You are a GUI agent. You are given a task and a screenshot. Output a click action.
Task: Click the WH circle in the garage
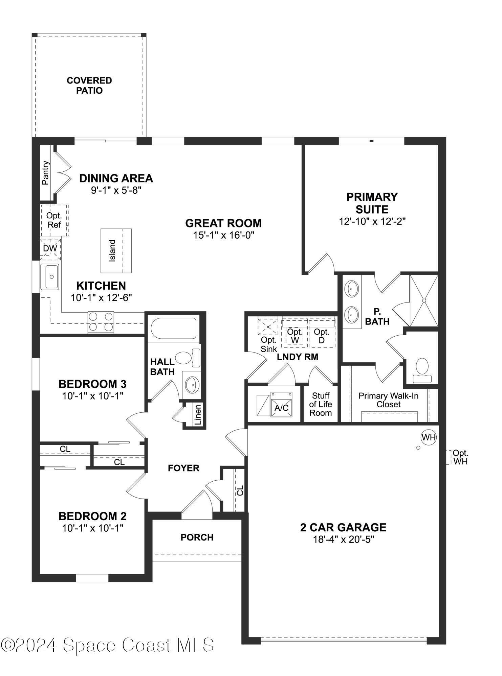pos(429,437)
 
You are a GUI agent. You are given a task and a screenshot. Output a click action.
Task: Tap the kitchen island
pos(116,251)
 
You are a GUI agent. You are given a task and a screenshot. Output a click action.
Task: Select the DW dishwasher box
pos(50,248)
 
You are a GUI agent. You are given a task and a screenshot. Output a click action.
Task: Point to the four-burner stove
pos(101,322)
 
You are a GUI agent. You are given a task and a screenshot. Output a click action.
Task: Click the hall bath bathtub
pos(174,328)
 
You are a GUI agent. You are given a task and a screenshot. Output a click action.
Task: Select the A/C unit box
pos(281,405)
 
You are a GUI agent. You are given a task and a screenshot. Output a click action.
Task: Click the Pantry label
pos(45,173)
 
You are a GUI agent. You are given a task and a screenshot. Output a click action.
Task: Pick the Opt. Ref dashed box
pos(54,220)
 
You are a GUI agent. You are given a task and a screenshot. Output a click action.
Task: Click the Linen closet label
pos(198,415)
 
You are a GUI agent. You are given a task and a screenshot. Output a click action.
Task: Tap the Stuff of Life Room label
pos(321,404)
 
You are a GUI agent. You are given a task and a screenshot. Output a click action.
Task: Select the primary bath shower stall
pos(424,300)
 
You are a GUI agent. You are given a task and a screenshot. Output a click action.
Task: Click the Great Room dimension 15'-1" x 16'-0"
pos(223,235)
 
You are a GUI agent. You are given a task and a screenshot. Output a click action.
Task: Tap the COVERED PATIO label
pos(89,86)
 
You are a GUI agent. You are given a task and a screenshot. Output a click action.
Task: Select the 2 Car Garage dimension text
pos(343,539)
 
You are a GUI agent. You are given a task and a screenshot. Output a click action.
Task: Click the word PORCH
pos(197,537)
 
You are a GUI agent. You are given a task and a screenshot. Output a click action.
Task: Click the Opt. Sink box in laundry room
pos(268,327)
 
